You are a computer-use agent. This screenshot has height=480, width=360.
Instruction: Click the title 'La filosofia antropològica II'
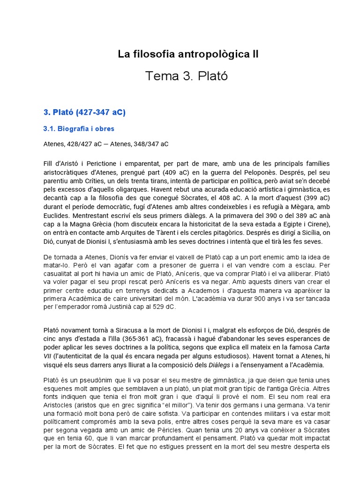point(188,54)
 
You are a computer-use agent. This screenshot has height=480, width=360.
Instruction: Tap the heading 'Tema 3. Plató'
point(187,76)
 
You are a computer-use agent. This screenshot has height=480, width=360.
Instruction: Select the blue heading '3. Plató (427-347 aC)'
point(85,112)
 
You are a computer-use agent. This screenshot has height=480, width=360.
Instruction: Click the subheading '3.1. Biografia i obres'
point(79,129)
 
